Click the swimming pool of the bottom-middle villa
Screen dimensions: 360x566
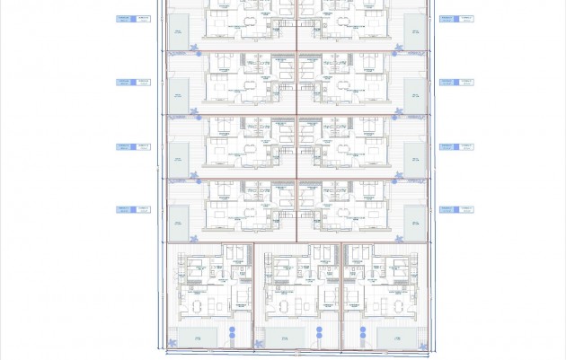[x=285, y=336]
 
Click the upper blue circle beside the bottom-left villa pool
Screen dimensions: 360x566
[x=232, y=330]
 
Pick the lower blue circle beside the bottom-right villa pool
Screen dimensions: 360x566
[x=362, y=340]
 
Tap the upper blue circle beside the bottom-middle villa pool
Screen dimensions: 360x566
[x=319, y=330]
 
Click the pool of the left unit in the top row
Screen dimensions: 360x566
[x=178, y=27]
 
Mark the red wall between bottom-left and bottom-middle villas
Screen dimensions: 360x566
[x=254, y=296]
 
